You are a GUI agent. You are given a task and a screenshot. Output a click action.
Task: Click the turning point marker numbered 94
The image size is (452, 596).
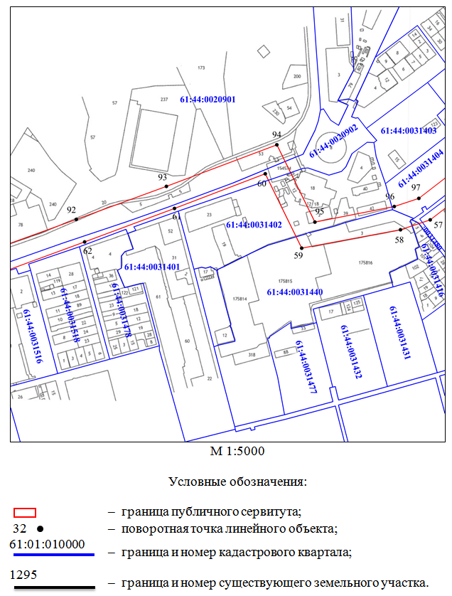pos(277,145)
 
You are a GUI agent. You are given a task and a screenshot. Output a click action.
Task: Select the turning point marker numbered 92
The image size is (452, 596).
pos(77,219)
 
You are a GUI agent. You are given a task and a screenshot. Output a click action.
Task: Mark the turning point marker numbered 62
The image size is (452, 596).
pos(85,242)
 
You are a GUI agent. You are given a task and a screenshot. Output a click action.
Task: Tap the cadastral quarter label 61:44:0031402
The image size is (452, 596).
pos(254,225)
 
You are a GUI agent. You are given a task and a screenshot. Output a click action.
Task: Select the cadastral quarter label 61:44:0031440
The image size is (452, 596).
pos(295,292)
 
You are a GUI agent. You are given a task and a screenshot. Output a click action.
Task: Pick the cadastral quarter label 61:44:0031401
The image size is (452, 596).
pos(151,267)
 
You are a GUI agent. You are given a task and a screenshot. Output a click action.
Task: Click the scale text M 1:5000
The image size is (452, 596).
pos(237,451)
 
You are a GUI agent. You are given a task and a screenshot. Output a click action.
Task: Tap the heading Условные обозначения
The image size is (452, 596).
pos(237,481)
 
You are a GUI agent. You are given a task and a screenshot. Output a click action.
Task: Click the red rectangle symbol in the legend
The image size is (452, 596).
pos(26,511)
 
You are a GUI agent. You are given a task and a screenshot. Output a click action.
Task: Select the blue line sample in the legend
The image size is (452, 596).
pos(52,554)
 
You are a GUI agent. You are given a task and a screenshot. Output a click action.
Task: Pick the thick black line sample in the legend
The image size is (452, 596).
pos(52,587)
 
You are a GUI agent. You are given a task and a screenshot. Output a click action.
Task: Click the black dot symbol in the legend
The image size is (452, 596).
pos(41,529)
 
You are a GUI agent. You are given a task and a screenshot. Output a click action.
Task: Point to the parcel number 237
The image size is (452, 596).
pos(164,99)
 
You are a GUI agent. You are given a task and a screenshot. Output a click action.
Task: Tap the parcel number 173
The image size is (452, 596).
pos(201,68)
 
